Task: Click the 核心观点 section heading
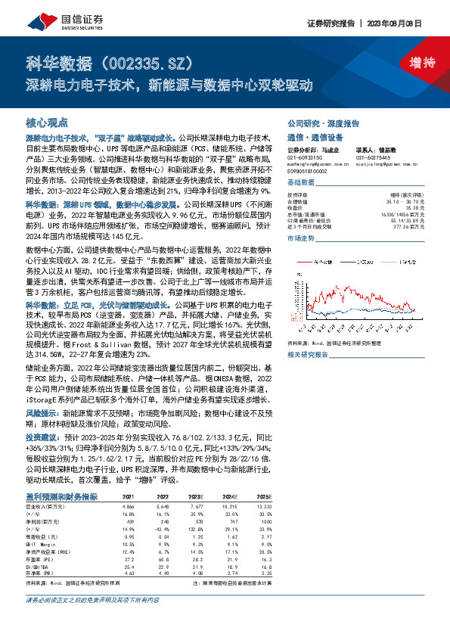47,122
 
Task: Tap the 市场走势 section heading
300,238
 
